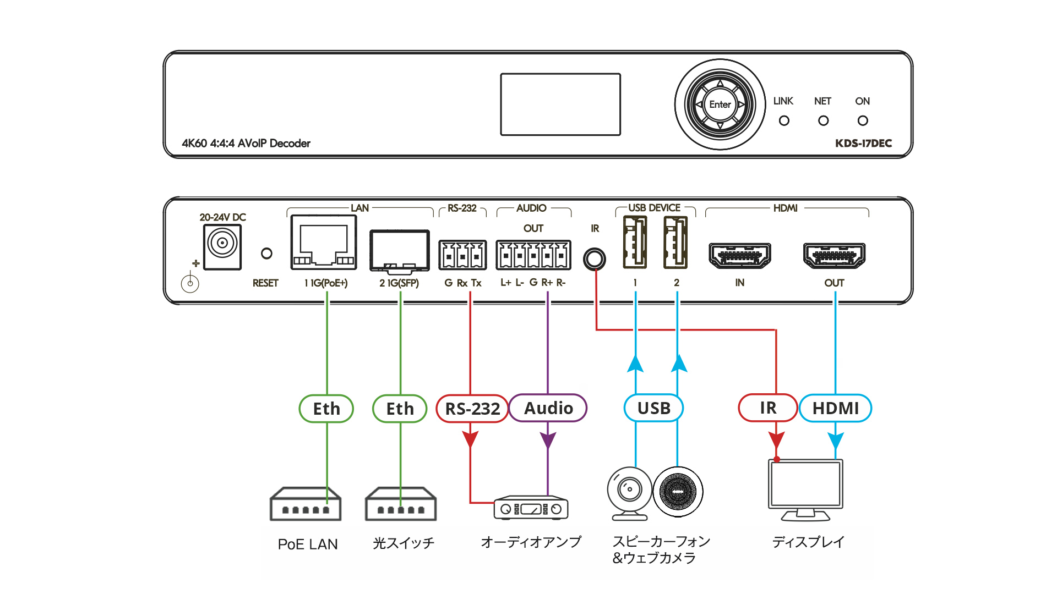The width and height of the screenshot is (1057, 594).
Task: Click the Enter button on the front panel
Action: click(720, 105)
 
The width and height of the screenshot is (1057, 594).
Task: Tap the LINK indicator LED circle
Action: click(784, 120)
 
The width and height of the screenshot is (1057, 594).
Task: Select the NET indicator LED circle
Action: click(823, 120)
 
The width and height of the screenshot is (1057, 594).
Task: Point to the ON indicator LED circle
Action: click(863, 120)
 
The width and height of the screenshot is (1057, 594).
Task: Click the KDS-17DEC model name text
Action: click(863, 144)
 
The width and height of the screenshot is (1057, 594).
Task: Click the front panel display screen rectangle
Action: click(560, 105)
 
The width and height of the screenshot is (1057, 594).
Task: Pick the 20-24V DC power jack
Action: click(222, 246)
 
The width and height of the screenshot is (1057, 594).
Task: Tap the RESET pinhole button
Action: click(266, 254)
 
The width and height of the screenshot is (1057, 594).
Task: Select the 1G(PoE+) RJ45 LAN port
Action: click(324, 243)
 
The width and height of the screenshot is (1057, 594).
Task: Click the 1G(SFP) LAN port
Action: click(400, 251)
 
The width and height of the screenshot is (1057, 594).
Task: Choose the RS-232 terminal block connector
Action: click(462, 255)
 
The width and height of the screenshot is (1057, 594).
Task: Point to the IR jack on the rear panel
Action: click(595, 259)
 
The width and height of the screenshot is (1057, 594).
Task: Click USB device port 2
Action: click(675, 243)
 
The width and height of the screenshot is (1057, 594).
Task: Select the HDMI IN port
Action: click(739, 255)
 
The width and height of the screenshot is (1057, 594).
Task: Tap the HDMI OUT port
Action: click(834, 255)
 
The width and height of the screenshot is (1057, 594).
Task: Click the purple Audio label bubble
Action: click(548, 408)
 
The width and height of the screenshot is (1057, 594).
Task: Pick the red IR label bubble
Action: click(768, 408)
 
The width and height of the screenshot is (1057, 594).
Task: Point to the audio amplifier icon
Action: click(531, 508)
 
